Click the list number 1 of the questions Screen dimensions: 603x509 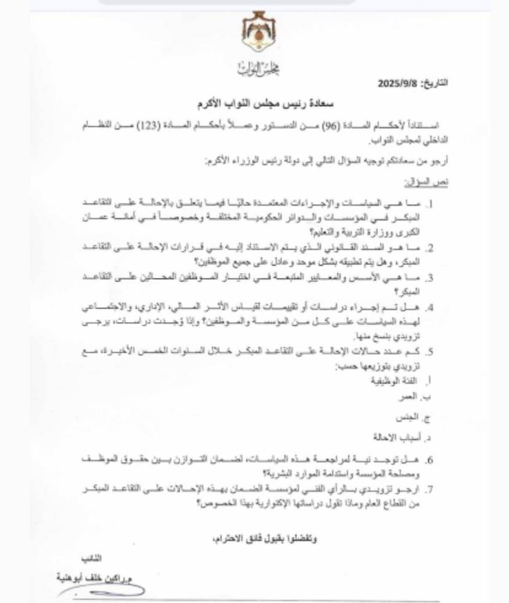tap(432, 202)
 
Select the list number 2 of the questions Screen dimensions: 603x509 tap(431, 248)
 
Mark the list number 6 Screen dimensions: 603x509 tap(431, 460)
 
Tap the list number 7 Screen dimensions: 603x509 tap(431, 490)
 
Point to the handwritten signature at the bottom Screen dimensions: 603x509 tap(107, 591)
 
